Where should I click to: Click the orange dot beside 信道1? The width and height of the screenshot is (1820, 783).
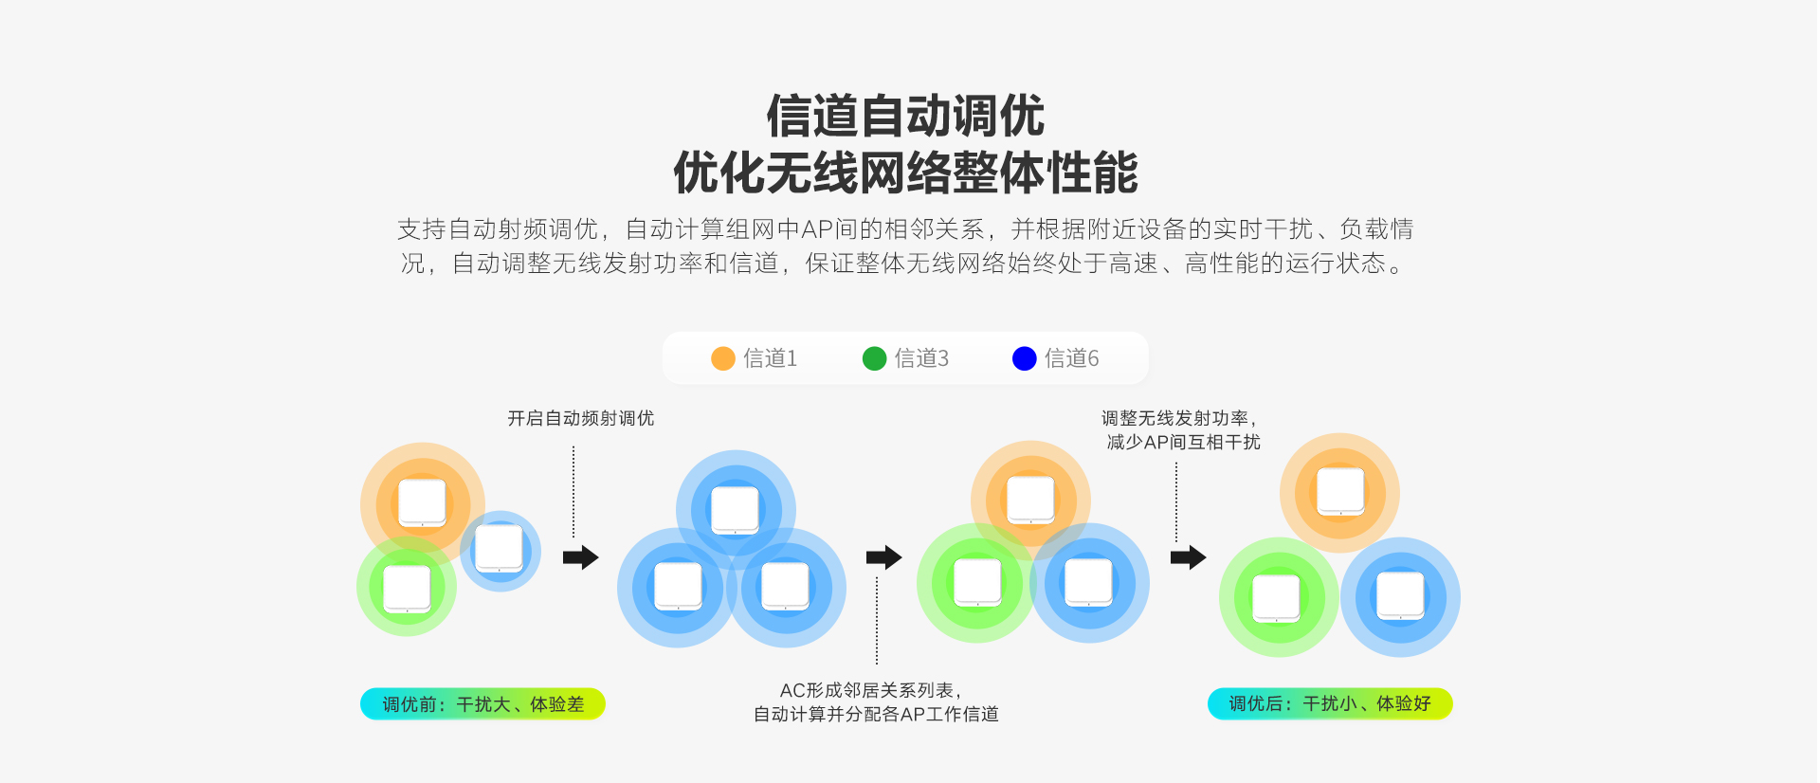pos(723,358)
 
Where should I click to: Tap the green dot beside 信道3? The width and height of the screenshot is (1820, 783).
pos(874,358)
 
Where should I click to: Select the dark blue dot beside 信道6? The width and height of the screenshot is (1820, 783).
pos(1024,358)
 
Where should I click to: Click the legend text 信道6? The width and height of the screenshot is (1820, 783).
pos(1071,358)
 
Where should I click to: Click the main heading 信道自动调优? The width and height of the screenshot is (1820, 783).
pos(905,116)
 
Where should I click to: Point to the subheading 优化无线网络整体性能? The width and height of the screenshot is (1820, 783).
pos(905,173)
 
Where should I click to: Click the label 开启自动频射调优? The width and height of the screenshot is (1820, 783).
pos(580,418)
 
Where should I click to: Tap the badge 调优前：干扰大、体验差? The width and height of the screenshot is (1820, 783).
pos(482,704)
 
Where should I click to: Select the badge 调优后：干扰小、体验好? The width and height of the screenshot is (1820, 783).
pos(1329,703)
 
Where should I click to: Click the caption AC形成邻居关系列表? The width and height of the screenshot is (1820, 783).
pos(870,690)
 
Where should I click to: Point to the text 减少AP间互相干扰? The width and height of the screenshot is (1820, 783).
pos(1183,442)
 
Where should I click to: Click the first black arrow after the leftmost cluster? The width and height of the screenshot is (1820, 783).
pos(580,557)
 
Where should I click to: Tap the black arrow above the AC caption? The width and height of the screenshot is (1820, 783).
pos(883,557)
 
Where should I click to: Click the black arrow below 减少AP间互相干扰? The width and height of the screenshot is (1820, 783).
pos(1188,557)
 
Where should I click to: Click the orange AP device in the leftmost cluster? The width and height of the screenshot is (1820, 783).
pos(422,502)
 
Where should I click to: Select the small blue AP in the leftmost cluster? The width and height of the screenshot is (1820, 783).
pos(499,549)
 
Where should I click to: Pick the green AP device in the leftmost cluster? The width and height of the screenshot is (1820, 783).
pos(407,589)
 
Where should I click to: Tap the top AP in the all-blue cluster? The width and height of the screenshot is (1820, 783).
pos(735,510)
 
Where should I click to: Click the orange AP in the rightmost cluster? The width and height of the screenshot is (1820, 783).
pos(1340,491)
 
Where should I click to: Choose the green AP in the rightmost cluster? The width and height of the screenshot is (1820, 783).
pos(1277,598)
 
